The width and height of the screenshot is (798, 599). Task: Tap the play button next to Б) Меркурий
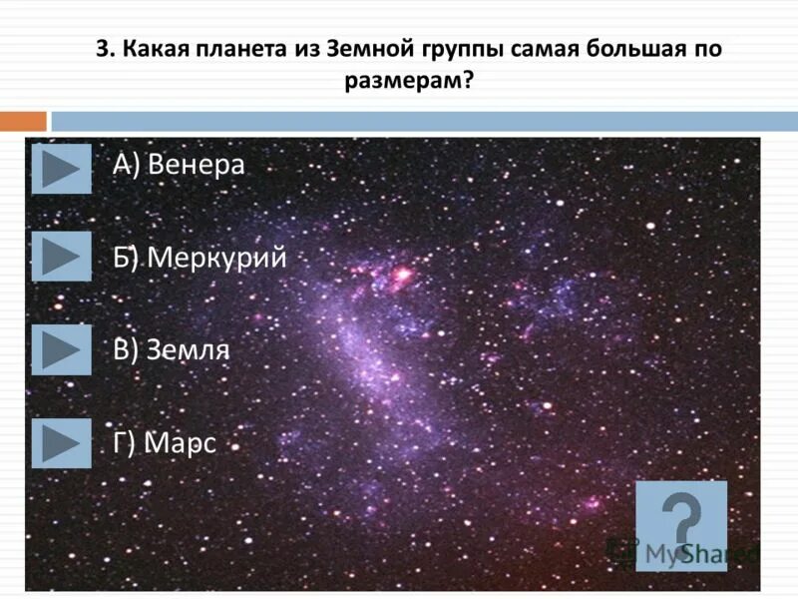61,257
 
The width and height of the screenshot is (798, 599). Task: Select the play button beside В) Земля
61,349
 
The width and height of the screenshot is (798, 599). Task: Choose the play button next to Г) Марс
61,442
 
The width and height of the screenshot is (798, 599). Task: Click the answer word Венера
196,165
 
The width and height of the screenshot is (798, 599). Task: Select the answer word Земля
189,350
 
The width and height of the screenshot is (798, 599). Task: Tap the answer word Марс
181,443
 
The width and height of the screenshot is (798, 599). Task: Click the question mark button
681,525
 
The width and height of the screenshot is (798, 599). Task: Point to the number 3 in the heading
101,50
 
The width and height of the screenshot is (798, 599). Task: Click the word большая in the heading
634,50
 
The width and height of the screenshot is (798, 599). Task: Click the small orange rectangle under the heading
23,121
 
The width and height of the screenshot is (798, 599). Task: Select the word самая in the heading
554,50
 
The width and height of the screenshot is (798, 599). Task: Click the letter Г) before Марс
125,443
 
